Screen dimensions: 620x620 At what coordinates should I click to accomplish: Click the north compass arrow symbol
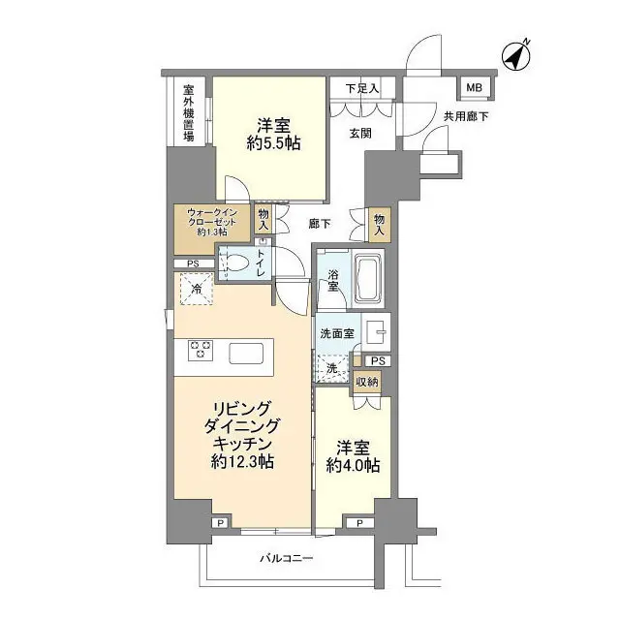click(x=517, y=57)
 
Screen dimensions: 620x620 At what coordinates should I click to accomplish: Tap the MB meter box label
click(x=474, y=89)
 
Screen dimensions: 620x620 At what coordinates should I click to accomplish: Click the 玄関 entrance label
click(x=358, y=135)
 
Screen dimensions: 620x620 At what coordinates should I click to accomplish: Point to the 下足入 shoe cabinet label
click(x=361, y=89)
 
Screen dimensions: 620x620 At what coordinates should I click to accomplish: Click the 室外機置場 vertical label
click(x=189, y=113)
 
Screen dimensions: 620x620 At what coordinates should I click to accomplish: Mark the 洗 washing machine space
click(x=331, y=368)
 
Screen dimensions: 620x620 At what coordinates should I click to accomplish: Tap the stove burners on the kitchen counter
click(x=201, y=350)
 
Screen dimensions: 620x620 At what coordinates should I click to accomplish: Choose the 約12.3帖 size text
click(x=242, y=461)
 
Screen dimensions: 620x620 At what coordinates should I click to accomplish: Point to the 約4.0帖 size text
click(x=353, y=466)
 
